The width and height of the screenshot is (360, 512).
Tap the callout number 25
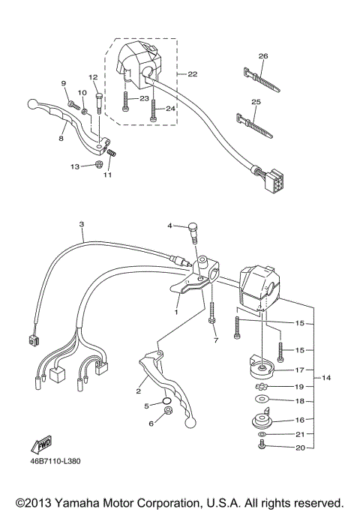(x=256, y=101)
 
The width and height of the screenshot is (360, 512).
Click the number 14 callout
(x=325, y=377)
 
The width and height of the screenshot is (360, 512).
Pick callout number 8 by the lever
(x=61, y=139)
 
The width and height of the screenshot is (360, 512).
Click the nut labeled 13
(x=99, y=164)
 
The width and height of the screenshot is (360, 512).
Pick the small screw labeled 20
(x=262, y=448)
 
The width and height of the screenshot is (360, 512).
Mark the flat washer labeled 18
(x=262, y=401)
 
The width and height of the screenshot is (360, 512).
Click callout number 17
(x=300, y=370)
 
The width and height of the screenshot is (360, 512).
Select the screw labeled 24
(x=153, y=111)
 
